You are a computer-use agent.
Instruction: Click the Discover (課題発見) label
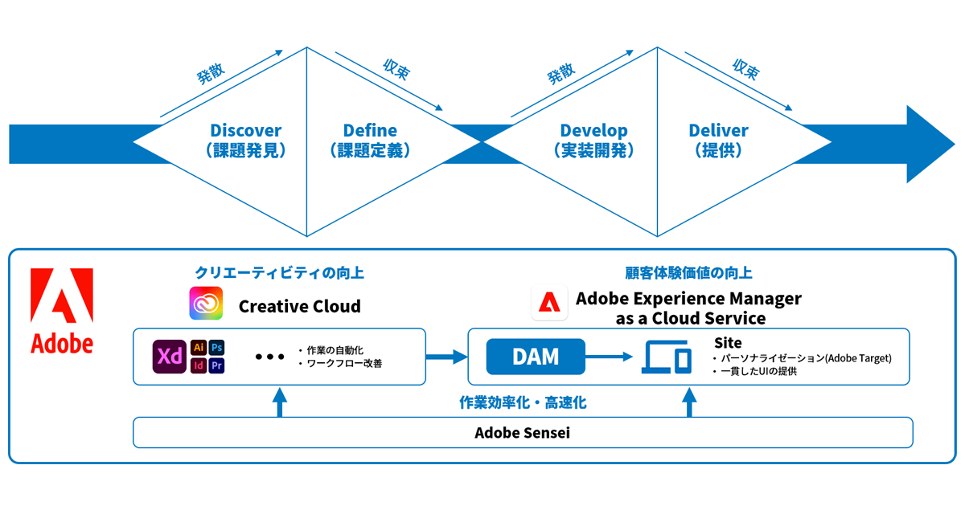(246, 140)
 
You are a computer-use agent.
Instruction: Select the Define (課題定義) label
(370, 140)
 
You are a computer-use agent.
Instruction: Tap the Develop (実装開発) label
(593, 140)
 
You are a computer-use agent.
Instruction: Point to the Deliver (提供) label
(718, 140)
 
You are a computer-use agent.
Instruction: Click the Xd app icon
(170, 357)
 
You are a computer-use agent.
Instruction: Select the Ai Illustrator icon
(199, 348)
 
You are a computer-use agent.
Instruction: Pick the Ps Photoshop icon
(217, 348)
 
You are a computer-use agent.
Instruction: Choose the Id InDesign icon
(199, 366)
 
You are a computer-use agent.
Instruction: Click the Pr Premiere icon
(217, 366)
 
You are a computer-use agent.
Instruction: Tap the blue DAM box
(535, 357)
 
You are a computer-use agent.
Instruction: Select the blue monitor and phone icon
(667, 357)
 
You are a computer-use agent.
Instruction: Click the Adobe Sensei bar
(523, 433)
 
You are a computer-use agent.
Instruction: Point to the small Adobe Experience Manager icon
(549, 304)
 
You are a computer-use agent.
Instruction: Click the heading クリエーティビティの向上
(279, 273)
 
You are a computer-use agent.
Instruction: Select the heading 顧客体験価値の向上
(688, 273)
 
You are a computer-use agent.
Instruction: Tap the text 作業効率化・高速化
(522, 402)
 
